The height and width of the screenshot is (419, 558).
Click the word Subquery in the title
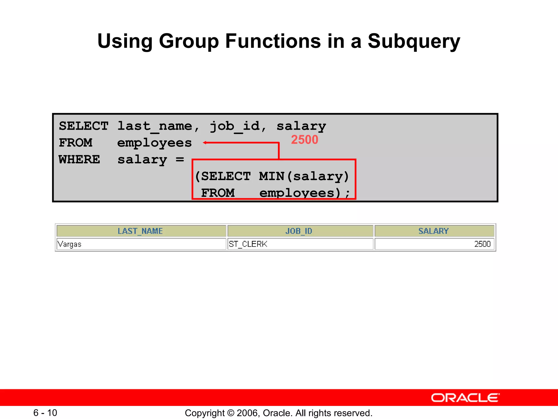pos(414,41)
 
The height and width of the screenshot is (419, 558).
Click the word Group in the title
pos(189,41)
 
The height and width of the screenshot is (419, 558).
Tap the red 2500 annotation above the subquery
pos(304,140)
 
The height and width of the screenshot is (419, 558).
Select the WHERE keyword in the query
pos(79,160)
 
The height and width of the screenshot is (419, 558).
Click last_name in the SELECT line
pos(154,126)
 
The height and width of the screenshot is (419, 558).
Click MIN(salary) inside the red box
pos(304,176)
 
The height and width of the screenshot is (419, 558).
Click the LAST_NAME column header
pos(140,231)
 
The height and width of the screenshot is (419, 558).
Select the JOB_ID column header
pos(299,231)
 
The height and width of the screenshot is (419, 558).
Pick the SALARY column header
pos(433,231)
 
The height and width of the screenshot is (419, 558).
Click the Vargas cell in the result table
pos(70,244)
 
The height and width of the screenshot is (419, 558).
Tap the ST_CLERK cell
pos(248,244)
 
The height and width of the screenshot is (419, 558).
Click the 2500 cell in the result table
pos(482,244)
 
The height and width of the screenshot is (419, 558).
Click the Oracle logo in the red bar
pos(465,398)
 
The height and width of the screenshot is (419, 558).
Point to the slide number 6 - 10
pos(45,413)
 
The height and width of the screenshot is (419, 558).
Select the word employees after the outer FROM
pos(154,143)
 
